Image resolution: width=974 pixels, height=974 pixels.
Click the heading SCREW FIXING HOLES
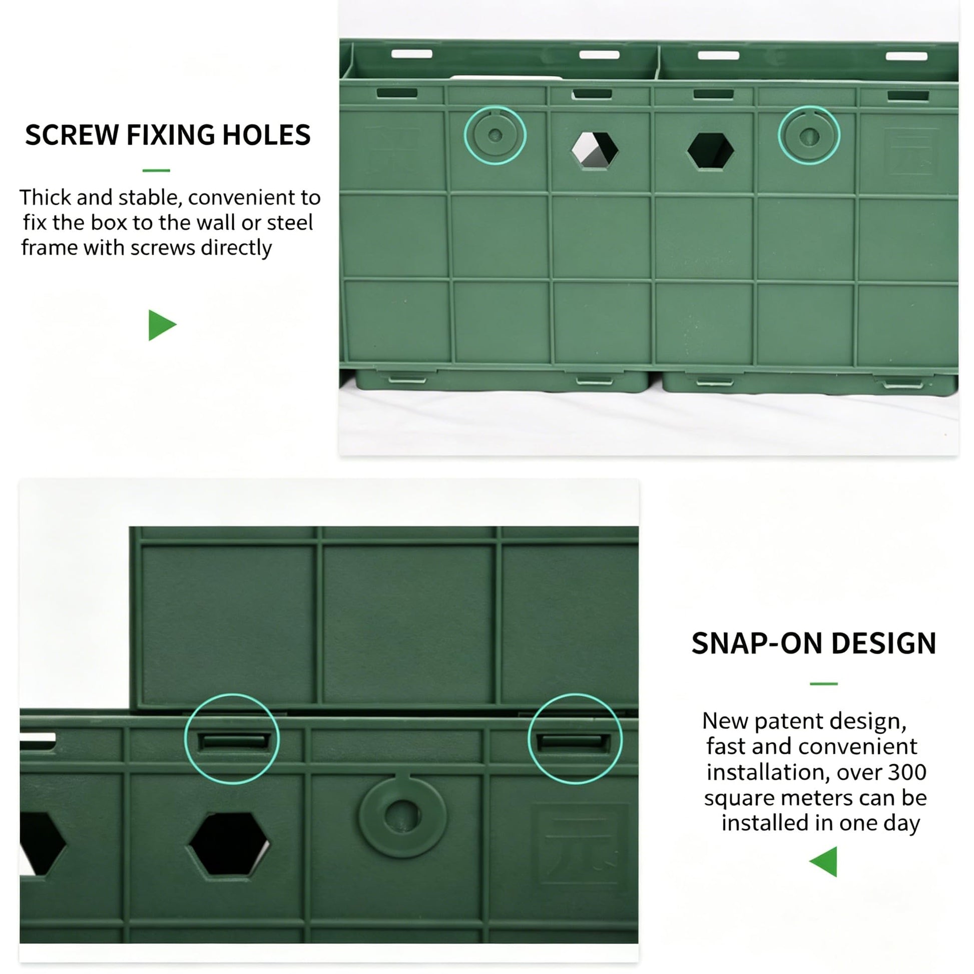(168, 135)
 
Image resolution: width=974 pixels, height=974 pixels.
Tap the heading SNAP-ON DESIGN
(814, 644)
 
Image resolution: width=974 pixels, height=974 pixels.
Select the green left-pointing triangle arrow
(823, 861)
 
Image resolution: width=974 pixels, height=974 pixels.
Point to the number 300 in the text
(907, 772)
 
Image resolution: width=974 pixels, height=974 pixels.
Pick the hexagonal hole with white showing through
(595, 150)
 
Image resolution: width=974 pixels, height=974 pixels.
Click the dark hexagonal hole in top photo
(711, 151)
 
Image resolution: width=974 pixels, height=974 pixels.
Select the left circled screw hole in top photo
(495, 135)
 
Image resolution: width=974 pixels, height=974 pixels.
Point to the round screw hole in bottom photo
(402, 816)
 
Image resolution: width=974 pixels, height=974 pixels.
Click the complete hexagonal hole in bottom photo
(229, 844)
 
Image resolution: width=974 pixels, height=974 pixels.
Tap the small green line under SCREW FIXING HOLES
(156, 170)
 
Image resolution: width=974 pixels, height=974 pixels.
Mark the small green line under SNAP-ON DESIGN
(824, 684)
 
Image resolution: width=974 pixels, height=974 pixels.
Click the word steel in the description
(290, 222)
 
